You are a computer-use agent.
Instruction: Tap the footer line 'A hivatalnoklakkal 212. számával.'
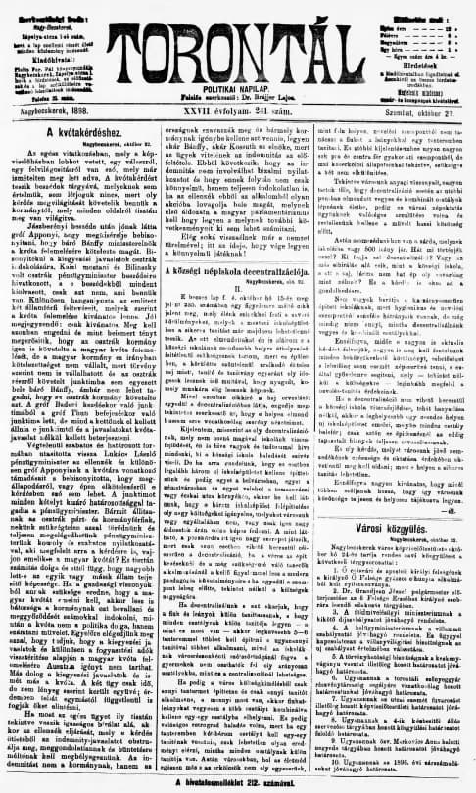[x=237, y=782]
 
